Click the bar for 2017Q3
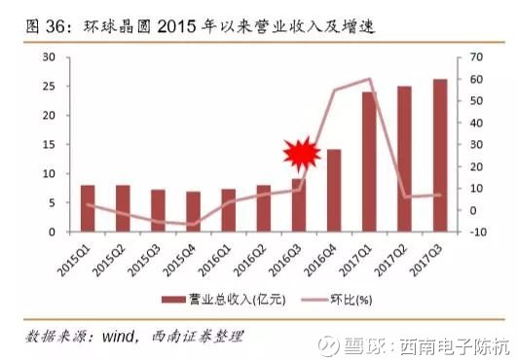[x=440, y=156]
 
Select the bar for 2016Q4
[x=334, y=191]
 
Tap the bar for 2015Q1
[x=88, y=208]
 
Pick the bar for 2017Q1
[x=369, y=162]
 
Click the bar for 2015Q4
[x=193, y=211]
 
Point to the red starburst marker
[x=302, y=154]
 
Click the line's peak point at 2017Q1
[x=369, y=79]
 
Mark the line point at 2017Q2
[x=405, y=197]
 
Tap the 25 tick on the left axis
[x=49, y=87]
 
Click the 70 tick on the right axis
[x=476, y=57]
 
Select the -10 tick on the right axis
[x=477, y=233]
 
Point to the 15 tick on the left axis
[x=49, y=145]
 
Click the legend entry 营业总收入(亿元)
[x=224, y=300]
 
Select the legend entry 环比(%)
[x=337, y=300]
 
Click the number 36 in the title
[x=55, y=26]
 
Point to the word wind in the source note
[x=118, y=337]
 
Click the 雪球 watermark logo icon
[x=329, y=345]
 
